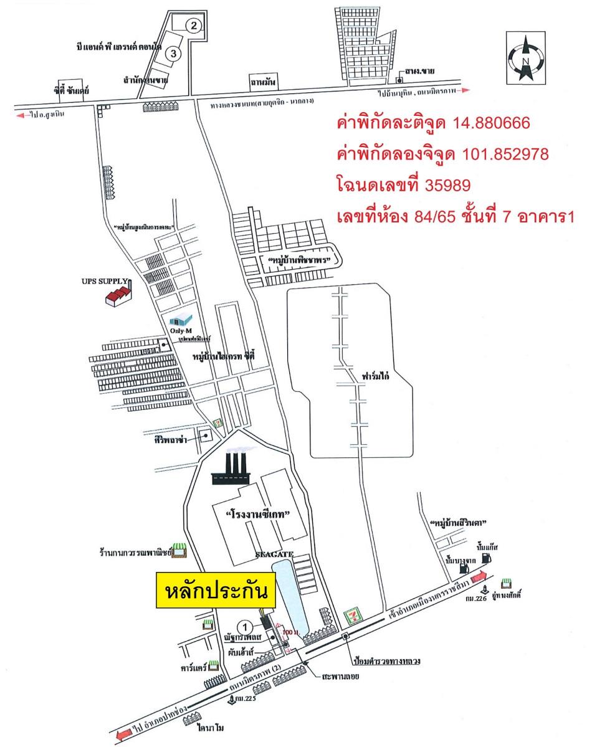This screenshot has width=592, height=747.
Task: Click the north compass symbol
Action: coord(525,58)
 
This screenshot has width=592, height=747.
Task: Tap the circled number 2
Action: coord(194,26)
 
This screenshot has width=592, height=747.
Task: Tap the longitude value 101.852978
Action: coord(505,154)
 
